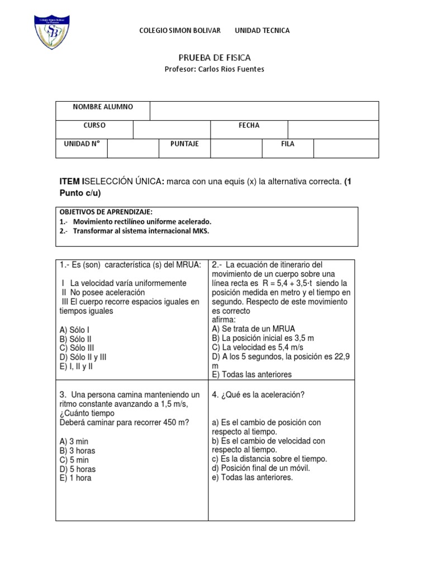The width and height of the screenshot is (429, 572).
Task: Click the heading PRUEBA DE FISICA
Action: click(x=214, y=58)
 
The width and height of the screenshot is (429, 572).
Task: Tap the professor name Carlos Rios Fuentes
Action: click(x=214, y=69)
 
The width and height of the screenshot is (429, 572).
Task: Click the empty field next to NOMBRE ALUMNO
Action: click(x=264, y=111)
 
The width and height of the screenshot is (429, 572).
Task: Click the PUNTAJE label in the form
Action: click(x=185, y=144)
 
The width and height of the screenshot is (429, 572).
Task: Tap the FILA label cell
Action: click(x=288, y=144)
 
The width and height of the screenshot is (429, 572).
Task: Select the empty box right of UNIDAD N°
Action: click(x=133, y=148)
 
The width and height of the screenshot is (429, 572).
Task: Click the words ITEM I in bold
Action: click(x=71, y=182)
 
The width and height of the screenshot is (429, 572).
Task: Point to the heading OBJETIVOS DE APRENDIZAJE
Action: click(x=106, y=212)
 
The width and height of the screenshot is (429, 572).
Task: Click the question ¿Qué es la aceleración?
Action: click(x=258, y=395)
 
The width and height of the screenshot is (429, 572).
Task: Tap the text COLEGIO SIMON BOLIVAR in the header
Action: click(x=179, y=31)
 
